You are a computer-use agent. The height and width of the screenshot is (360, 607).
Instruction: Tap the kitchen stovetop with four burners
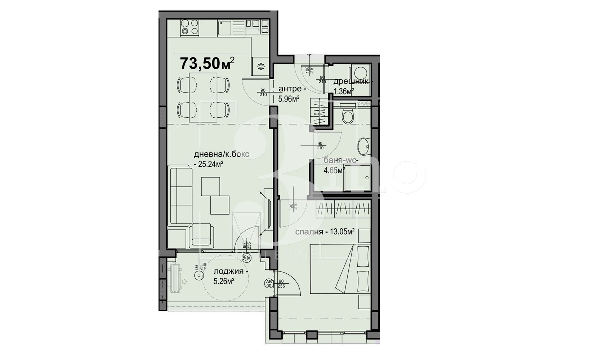[x=189, y=27]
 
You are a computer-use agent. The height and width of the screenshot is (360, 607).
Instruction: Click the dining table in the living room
[x=203, y=97]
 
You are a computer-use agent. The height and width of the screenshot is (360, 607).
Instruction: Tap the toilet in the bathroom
[x=348, y=115]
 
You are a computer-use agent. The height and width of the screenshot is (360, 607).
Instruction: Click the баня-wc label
[x=340, y=160]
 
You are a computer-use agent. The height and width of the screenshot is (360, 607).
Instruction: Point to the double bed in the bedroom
[x=340, y=269]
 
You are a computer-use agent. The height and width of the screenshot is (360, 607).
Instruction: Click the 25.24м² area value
[x=210, y=164]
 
